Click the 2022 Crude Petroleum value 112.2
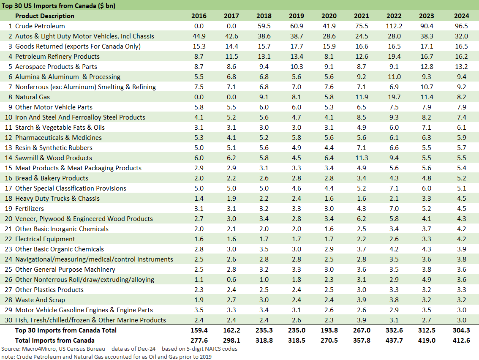coord(394,26)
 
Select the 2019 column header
coord(296,16)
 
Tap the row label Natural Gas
coord(33,97)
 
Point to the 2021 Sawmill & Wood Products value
coord(361,158)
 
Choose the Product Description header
coord(45,16)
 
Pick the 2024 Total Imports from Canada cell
coord(461,341)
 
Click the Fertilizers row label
coord(30,209)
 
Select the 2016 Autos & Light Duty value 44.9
coord(199,36)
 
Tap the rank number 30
coord(8,320)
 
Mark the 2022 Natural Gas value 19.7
coord(394,97)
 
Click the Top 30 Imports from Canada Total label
coord(66,330)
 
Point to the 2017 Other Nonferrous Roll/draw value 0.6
coord(231,280)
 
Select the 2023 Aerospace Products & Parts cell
coord(426,67)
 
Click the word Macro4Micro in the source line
coord(38,349)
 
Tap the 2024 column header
coord(461,16)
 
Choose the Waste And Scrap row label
coord(40,300)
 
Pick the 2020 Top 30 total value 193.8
coord(329,330)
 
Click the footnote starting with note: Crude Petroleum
coord(106,356)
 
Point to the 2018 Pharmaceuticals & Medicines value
coord(264,138)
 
